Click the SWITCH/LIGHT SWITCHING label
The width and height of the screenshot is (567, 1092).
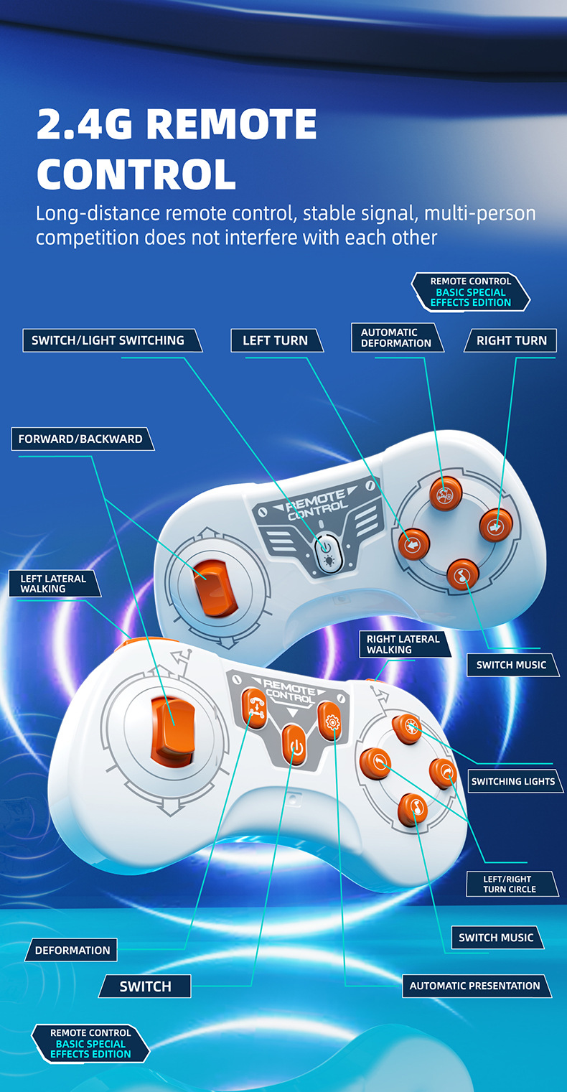tap(108, 340)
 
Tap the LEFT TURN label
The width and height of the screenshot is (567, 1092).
tap(276, 340)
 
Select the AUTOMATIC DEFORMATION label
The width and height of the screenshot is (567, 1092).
tap(396, 337)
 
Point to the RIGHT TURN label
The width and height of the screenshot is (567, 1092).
tap(512, 340)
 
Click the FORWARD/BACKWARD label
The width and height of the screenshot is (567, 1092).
tap(80, 439)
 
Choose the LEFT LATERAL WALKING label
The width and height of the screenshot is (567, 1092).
tap(53, 584)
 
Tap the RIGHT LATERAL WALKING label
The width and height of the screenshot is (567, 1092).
tap(403, 644)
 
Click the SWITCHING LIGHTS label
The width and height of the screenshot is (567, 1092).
tap(513, 781)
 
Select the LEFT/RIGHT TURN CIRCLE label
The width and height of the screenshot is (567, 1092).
tap(509, 884)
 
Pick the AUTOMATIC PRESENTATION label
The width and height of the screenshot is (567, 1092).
tap(474, 986)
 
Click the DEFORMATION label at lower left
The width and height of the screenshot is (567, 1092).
tap(72, 950)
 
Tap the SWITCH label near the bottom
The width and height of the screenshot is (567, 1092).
tap(146, 986)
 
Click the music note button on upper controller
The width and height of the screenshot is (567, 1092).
tap(462, 574)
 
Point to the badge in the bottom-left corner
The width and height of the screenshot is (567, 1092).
tap(90, 1043)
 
